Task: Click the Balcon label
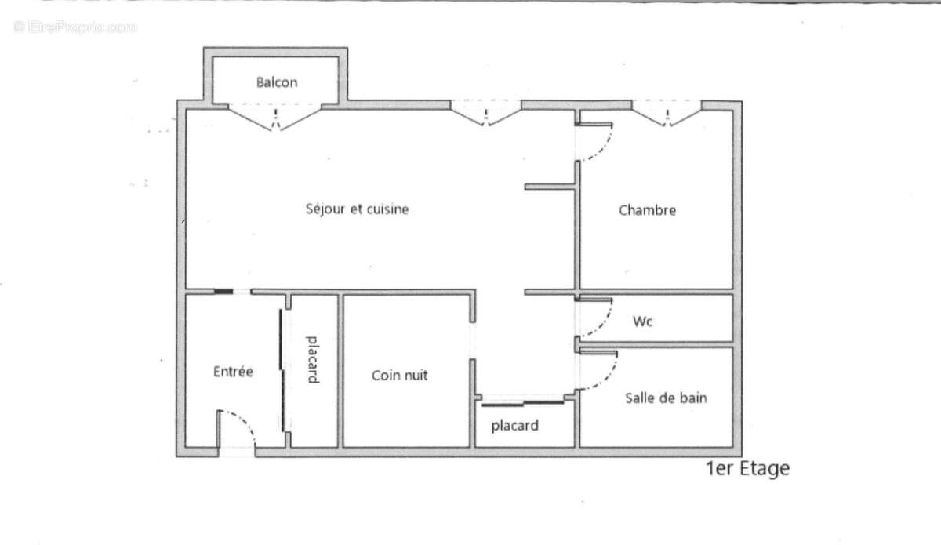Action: click(x=277, y=82)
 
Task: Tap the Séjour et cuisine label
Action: click(x=357, y=209)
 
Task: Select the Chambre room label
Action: click(x=647, y=210)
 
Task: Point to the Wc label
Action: click(x=643, y=322)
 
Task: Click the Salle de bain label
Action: click(x=666, y=398)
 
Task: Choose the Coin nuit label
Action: click(x=400, y=376)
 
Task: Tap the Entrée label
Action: click(x=233, y=372)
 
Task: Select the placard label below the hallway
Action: click(x=514, y=426)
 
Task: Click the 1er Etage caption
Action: click(x=748, y=469)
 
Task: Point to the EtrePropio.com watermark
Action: click(x=74, y=27)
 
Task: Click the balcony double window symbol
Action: click(x=274, y=118)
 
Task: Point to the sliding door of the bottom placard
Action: click(x=522, y=404)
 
